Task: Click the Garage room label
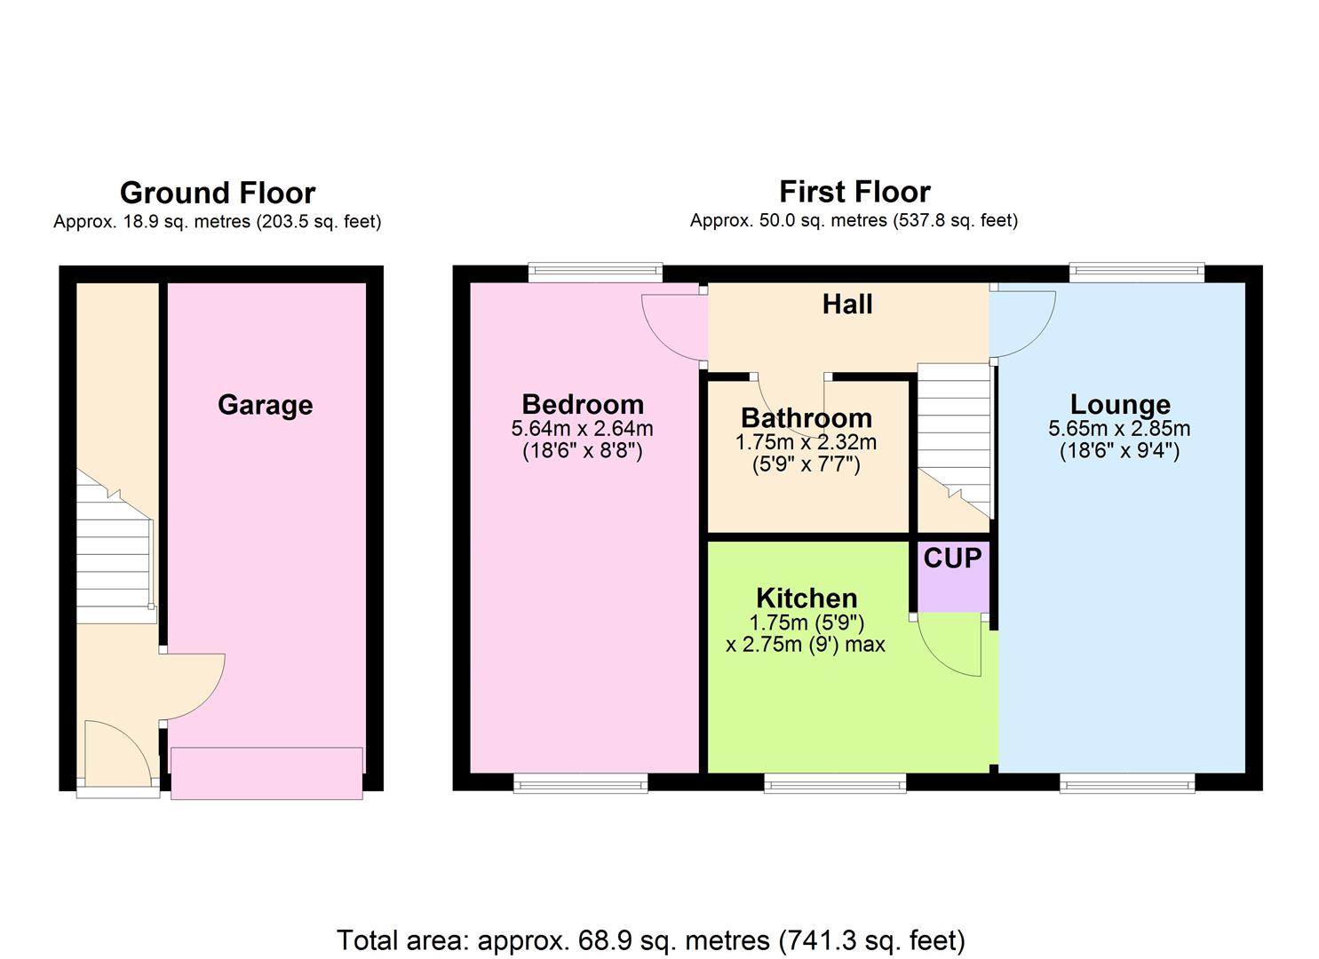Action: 265,405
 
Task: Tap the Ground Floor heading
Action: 218,193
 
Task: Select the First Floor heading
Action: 854,192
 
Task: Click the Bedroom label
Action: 583,404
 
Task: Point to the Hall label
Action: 847,305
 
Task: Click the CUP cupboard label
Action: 952,559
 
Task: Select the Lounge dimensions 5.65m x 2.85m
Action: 1119,429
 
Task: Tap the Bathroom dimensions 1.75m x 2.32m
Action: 806,442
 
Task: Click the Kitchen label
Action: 806,598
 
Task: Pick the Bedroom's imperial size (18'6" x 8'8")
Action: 583,451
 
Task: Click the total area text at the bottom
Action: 650,939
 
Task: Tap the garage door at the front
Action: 266,773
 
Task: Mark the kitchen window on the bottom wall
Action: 835,782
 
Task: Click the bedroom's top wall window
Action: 595,272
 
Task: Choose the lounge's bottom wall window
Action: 1126,782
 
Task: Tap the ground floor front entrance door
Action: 115,753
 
